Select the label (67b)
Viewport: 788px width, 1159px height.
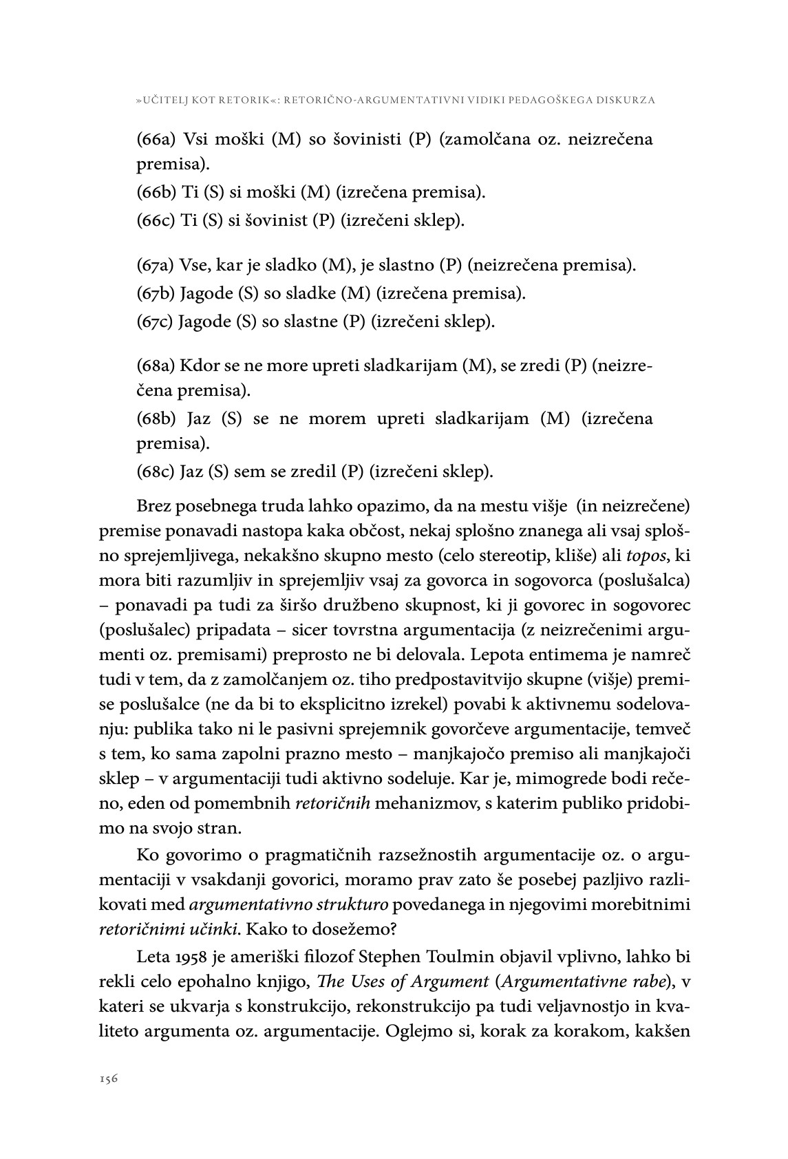pyautogui.click(x=156, y=294)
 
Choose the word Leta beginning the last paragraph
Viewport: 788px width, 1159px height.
pyautogui.click(x=151, y=957)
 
